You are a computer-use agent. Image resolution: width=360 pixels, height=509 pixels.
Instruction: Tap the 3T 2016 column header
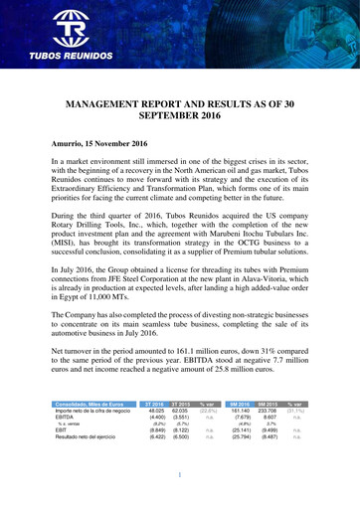click(x=154, y=404)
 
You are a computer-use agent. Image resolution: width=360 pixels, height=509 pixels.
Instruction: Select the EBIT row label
click(x=60, y=430)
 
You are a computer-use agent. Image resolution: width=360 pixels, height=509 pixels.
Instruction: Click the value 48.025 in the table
click(x=155, y=410)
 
